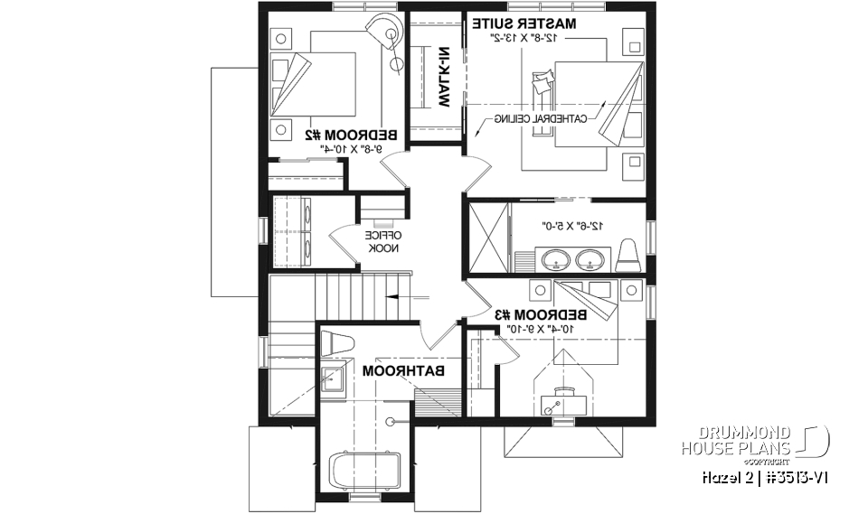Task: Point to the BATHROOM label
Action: click(x=405, y=370)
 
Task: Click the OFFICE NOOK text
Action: click(x=377, y=241)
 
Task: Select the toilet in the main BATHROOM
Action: click(x=335, y=344)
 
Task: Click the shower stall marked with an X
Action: click(x=487, y=237)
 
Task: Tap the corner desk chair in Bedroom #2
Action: click(x=391, y=37)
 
